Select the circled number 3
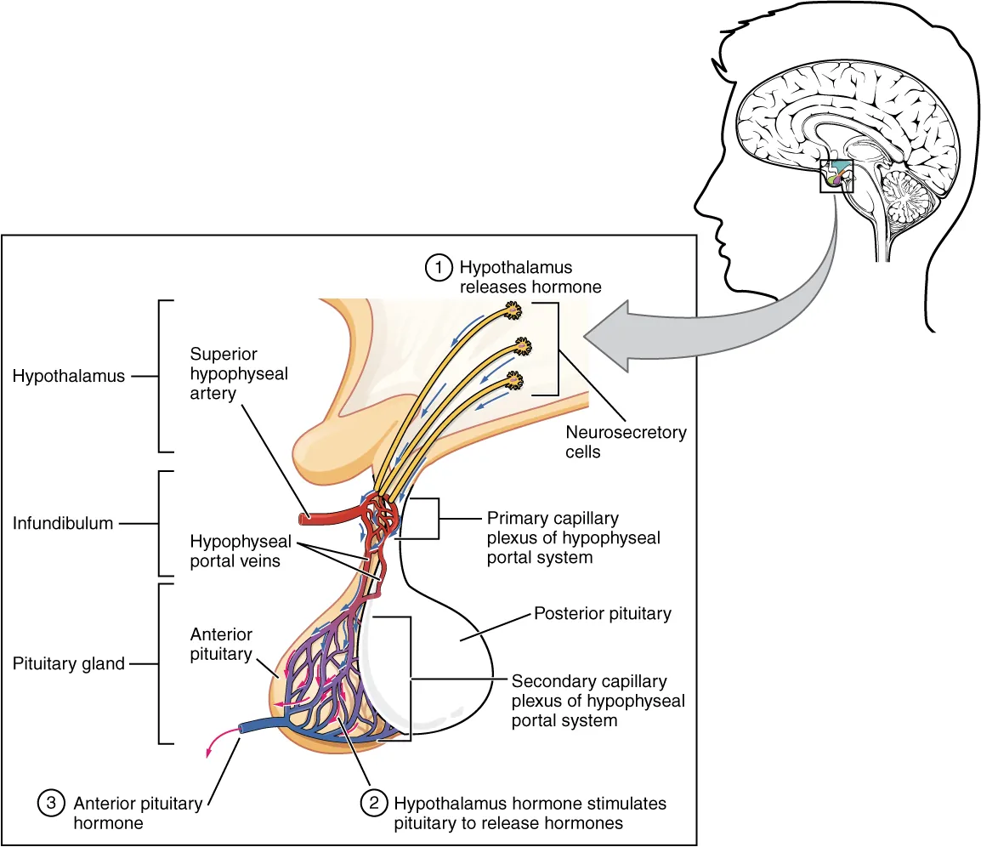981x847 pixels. click(x=50, y=803)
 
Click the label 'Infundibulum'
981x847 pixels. click(x=63, y=524)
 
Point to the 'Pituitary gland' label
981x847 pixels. click(x=69, y=664)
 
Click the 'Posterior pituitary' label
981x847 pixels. click(x=602, y=613)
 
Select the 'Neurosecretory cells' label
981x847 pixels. click(x=626, y=442)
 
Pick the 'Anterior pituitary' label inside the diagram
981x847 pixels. click(x=221, y=644)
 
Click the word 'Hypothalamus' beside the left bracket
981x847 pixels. click(x=69, y=376)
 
